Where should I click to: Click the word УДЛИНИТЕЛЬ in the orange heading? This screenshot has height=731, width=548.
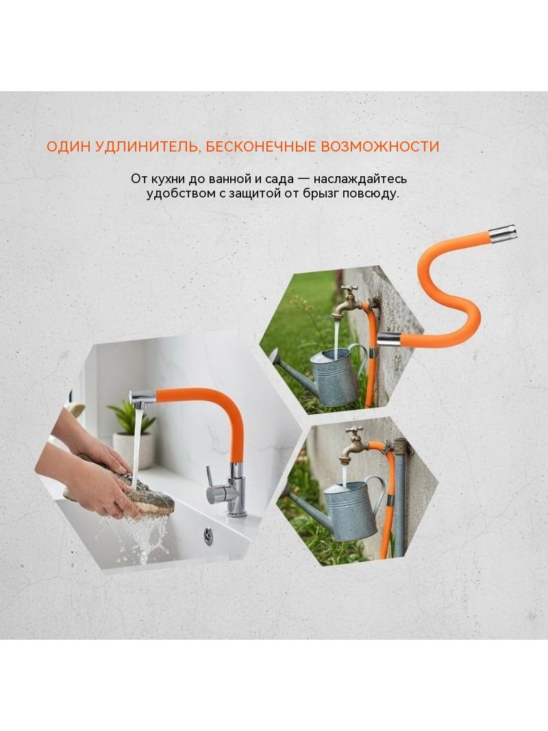click(x=147, y=146)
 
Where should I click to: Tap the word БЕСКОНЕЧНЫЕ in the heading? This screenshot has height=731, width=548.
click(x=260, y=146)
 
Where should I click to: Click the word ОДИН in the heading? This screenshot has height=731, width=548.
click(x=68, y=146)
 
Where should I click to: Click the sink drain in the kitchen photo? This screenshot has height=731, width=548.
click(x=208, y=536)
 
